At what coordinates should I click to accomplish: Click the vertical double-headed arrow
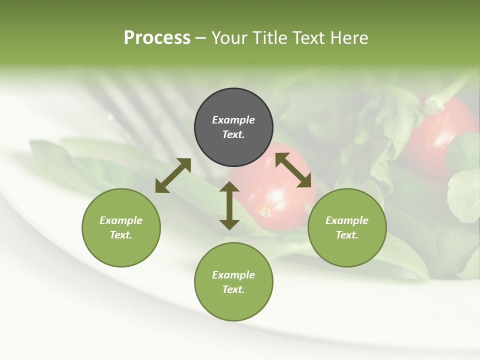[x=229, y=205]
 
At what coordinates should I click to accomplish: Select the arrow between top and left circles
[x=173, y=175]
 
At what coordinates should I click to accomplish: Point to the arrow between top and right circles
[x=293, y=170]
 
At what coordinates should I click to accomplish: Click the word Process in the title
[x=157, y=37]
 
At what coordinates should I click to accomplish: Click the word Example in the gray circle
[x=233, y=120]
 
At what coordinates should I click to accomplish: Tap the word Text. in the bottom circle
[x=233, y=289]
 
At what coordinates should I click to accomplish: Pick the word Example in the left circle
[x=121, y=220]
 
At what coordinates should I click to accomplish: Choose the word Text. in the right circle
[x=347, y=235]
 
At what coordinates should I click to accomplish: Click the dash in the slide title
[x=200, y=38]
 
